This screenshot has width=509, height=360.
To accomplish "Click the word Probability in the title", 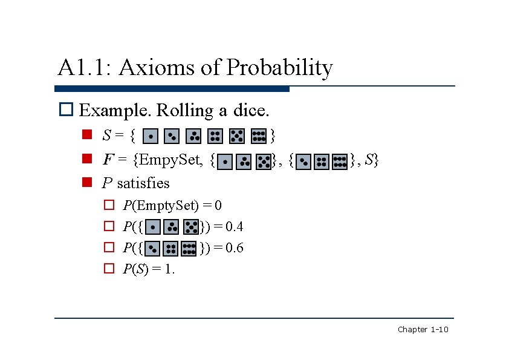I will coord(279,67).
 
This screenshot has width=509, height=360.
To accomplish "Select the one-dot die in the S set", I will coord(152,137).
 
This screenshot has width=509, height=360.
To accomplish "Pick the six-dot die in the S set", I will coord(259,137).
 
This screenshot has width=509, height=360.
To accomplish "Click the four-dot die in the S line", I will coord(215,137).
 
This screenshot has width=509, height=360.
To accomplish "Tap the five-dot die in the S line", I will coord(237,137).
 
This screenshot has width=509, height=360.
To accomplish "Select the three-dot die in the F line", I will coord(244,162).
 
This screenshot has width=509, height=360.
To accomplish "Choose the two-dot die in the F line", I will coord(303,162).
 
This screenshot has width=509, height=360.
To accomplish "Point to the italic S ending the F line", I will coord(369,160).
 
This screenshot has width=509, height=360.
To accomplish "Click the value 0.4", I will coord(234,227).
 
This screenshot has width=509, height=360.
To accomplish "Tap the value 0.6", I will coord(234,248).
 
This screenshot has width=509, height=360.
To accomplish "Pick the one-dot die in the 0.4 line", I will coord(154,227).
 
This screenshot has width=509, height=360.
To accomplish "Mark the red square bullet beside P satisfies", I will coord(86,183).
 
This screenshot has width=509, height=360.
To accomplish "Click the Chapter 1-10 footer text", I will coord(423,330).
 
